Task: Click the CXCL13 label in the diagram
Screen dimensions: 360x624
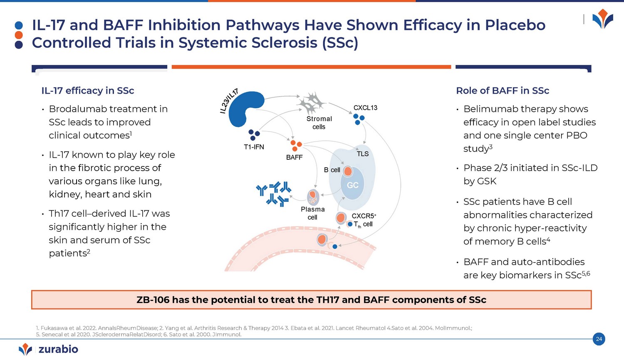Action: coord(365,108)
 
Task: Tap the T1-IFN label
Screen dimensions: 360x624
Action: coord(254,147)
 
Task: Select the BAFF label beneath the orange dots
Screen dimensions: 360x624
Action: coord(294,157)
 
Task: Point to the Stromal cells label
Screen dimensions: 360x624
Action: coord(319,123)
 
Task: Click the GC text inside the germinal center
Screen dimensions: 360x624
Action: coord(353,185)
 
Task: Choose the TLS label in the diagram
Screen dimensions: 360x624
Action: coord(362,154)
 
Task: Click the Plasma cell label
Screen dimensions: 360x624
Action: coord(313,213)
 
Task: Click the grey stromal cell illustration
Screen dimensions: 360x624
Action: coord(312,102)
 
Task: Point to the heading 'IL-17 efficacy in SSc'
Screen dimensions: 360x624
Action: coord(88,91)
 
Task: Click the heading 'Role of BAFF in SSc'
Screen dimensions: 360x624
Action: coord(503,91)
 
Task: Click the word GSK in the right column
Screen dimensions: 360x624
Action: coord(487,181)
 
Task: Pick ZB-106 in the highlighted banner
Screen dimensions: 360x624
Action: coord(153,300)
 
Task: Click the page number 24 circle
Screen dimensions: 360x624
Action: coord(599,339)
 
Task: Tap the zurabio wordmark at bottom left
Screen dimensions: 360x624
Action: coord(58,349)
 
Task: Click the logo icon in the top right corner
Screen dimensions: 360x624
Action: coord(602,20)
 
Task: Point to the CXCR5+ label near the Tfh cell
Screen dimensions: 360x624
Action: coord(364,216)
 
